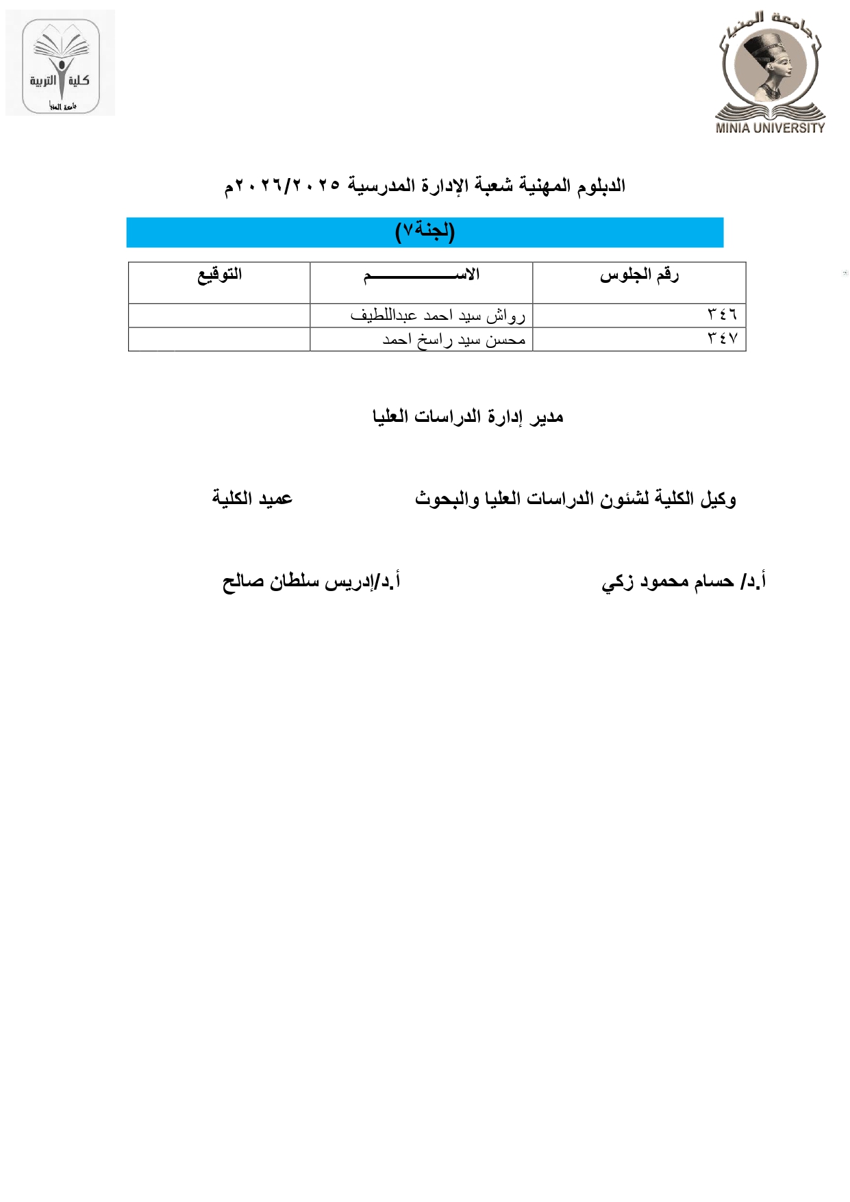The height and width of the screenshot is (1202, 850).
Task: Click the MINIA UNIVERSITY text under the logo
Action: point(770,127)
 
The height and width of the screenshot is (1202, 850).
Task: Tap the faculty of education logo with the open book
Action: point(60,64)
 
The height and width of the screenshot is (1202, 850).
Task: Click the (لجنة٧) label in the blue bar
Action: point(425,231)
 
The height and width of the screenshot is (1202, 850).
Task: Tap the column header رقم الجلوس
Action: point(638,275)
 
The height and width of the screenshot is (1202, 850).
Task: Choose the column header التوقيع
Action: point(219,275)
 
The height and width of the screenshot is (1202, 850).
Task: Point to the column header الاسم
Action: point(421,275)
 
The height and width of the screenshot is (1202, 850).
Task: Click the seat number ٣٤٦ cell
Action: point(722,315)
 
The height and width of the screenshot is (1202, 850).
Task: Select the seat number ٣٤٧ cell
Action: point(722,339)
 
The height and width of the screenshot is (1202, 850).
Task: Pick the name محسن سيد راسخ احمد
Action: point(453,339)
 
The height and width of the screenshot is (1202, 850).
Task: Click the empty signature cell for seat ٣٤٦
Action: point(219,315)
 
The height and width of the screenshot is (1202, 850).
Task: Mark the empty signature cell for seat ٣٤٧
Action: point(219,339)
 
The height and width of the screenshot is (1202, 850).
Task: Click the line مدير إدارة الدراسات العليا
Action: point(468,416)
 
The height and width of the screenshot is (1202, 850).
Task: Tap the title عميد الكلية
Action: point(252,498)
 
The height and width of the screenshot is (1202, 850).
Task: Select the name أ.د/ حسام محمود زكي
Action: point(683,581)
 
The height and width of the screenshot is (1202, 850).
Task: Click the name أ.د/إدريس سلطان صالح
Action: point(311,581)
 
